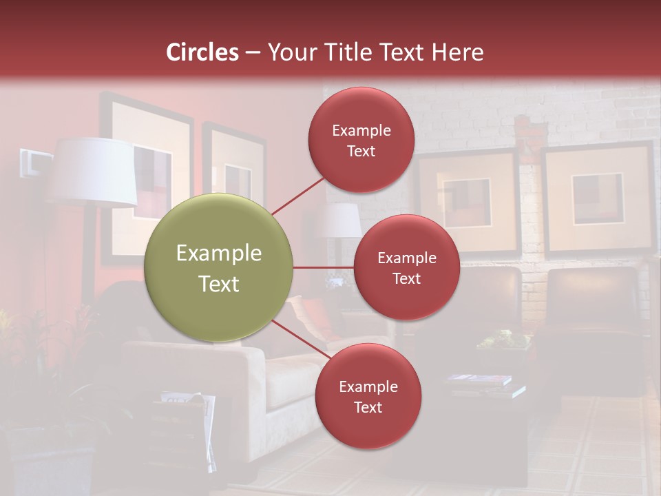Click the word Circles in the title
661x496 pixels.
coord(202,52)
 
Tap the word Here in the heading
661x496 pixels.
coord(457,52)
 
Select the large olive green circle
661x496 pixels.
coord(219,268)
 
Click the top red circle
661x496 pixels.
coord(361,139)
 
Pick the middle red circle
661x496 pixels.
coord(407,267)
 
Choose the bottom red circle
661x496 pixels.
coord(368,396)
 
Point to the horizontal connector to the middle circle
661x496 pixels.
coord(323,267)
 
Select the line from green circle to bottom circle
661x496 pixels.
coord(299,340)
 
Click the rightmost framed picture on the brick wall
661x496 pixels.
coord(598,198)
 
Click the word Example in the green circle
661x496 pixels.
coord(219,253)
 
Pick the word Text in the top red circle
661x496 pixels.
coord(361,151)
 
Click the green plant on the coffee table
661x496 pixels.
coord(506,339)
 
